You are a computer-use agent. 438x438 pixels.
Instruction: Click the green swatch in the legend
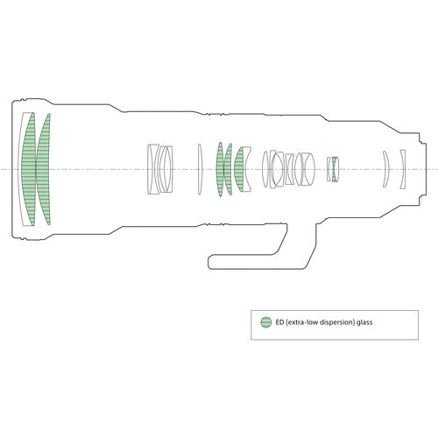265,322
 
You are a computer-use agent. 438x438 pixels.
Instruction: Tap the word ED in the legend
279,322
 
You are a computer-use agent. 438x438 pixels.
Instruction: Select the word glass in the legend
364,322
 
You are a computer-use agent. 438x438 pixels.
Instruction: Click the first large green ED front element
29,169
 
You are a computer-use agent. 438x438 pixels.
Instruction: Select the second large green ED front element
43,169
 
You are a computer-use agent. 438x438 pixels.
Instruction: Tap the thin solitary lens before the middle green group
200,169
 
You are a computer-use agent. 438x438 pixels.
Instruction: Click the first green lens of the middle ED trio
220,169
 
